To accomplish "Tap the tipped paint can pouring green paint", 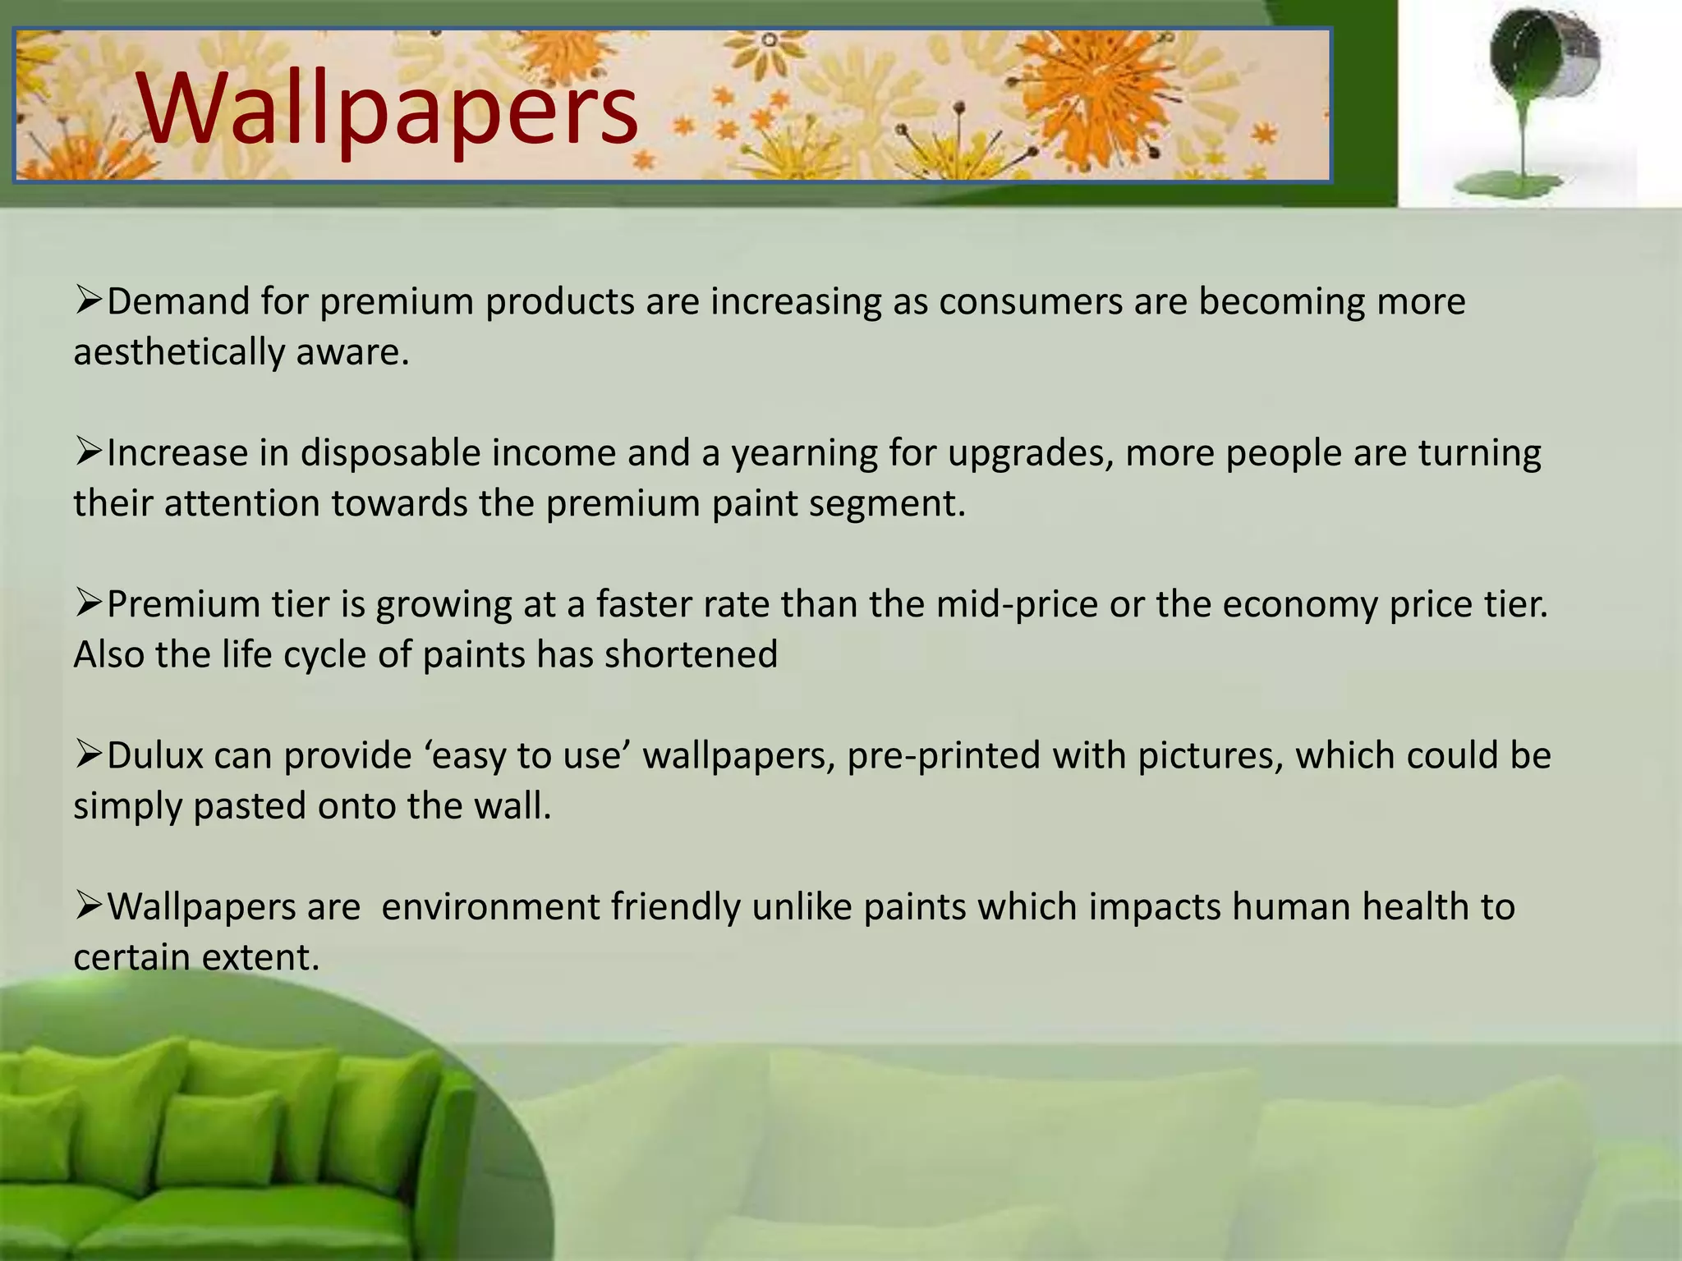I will tap(1544, 62).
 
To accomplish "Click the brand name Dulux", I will tap(155, 755).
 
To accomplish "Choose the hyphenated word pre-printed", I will tap(944, 755).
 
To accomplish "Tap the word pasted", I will tap(250, 806).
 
